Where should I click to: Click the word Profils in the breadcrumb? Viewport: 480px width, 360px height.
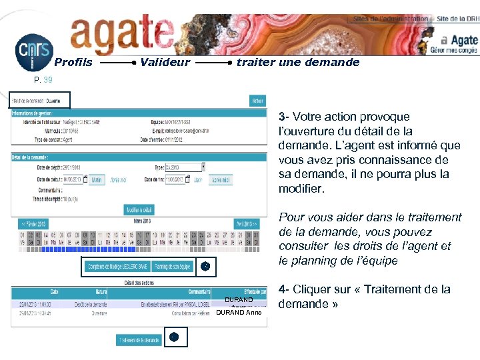(73, 63)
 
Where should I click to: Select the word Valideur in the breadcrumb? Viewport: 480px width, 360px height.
(165, 63)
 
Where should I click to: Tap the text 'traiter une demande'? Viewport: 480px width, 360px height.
(298, 63)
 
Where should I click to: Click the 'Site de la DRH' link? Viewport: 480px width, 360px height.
(457, 19)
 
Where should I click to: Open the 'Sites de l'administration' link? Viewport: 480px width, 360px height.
(391, 19)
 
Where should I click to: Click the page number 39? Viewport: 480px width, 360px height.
(47, 80)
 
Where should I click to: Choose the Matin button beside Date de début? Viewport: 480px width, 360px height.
(97, 180)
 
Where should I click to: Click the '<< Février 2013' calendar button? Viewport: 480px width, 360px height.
(33, 224)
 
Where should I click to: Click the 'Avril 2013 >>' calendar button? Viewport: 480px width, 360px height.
(247, 224)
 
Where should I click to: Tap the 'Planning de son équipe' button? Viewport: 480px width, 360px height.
(173, 267)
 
